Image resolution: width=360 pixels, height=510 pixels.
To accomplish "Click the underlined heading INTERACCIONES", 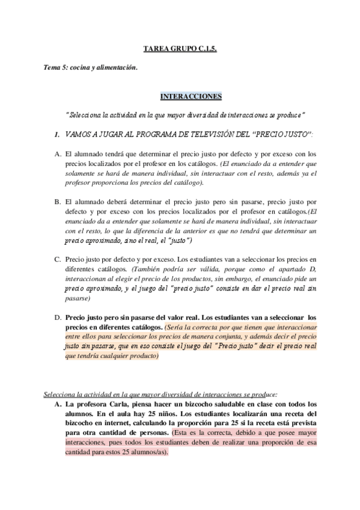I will pos(191,96).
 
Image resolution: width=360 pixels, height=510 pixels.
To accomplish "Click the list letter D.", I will pos(57,317).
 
